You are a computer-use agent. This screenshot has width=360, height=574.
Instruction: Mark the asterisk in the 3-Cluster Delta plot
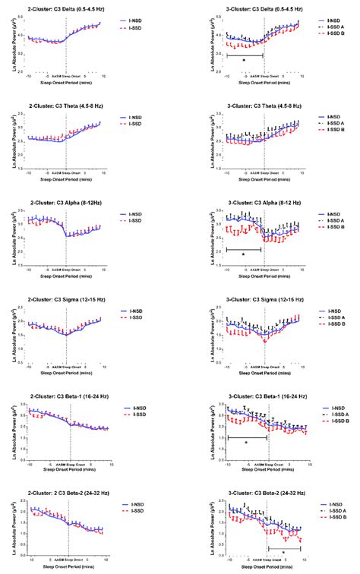[244, 60]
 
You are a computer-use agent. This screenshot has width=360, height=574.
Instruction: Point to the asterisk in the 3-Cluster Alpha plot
[243, 254]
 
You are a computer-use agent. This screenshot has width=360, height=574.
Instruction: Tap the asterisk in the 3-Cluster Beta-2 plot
[284, 552]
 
